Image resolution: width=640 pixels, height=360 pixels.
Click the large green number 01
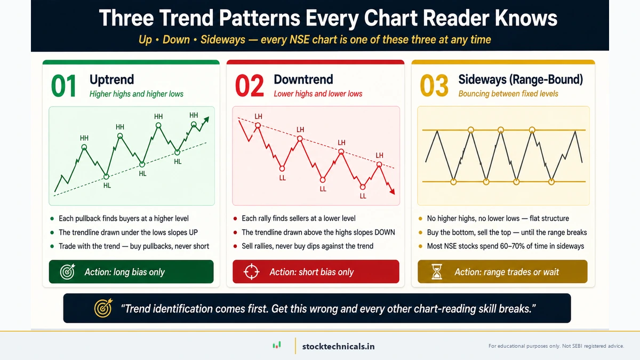(63, 86)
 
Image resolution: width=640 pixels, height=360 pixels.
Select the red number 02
(249, 86)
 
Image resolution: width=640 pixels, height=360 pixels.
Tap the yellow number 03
(434, 86)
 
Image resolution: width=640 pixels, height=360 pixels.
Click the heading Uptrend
(111, 80)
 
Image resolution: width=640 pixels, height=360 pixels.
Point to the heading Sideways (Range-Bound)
(521, 80)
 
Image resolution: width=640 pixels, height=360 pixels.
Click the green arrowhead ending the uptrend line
(206, 120)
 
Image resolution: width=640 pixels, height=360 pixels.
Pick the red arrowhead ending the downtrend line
(393, 191)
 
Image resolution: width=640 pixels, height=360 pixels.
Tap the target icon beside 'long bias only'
(67, 272)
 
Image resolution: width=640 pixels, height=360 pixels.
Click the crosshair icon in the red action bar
(251, 272)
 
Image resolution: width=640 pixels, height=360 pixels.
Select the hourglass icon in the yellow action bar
(437, 272)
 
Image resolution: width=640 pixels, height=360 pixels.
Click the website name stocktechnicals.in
(338, 346)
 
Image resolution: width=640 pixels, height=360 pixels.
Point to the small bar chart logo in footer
(276, 346)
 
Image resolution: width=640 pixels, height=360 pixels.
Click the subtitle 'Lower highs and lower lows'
(318, 94)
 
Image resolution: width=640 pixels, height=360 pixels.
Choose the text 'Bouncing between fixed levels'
(508, 94)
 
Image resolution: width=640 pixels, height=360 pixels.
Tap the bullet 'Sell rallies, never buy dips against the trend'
(307, 246)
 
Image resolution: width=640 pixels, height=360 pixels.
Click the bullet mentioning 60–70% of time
(505, 246)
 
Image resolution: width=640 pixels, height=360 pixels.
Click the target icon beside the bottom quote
(102, 308)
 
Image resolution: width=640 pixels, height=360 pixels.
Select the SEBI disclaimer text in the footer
(556, 346)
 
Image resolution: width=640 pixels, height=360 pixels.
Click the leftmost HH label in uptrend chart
(84, 138)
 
